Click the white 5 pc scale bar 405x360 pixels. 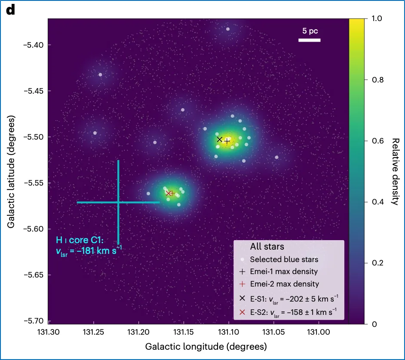click(x=310, y=40)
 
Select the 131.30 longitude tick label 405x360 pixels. click(x=48, y=333)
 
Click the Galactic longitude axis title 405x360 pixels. click(x=206, y=346)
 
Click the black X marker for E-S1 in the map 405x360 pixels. click(x=220, y=139)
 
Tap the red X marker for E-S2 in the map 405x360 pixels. click(x=169, y=193)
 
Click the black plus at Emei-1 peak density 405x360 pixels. click(x=227, y=141)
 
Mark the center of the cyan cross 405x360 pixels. click(x=118, y=202)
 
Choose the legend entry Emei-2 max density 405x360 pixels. click(x=285, y=284)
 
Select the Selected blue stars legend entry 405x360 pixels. click(x=284, y=259)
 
